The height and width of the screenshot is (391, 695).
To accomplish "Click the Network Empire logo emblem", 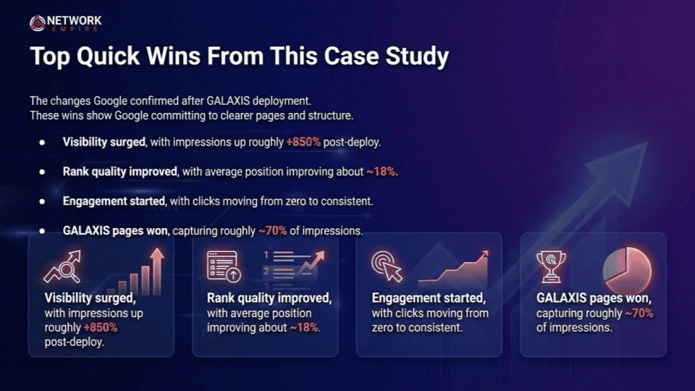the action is tap(37, 23).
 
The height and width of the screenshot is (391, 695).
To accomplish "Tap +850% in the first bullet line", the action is tap(303, 143).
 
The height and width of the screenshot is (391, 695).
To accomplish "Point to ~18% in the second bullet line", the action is tap(382, 172).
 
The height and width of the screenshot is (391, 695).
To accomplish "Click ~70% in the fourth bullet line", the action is tap(273, 231).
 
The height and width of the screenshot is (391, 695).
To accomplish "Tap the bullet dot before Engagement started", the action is tap(42, 201).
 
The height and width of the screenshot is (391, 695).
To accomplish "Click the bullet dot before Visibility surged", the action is tap(42, 143).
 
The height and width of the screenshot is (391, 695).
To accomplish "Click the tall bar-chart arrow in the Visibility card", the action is tap(157, 272).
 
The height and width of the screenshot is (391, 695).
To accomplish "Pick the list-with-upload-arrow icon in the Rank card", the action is tap(224, 266).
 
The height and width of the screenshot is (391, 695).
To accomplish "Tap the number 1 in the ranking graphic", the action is tap(266, 255).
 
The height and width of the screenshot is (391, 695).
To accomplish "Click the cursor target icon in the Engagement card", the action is tap(387, 266).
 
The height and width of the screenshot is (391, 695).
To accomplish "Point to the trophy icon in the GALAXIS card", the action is tap(551, 266).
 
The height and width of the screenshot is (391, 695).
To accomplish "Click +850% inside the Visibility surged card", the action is tap(101, 327).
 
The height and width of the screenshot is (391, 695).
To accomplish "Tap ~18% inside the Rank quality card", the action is tap(305, 327).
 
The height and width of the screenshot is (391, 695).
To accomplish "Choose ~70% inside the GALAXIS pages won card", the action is tap(639, 314).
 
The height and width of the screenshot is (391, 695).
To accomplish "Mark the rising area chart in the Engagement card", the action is tap(453, 267).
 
